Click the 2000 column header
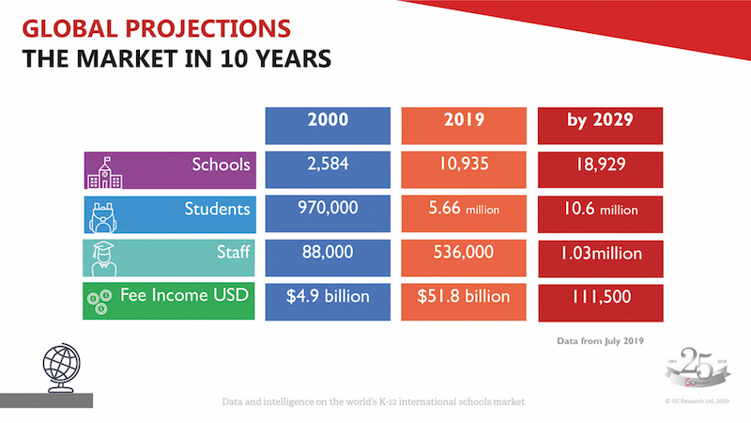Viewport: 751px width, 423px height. coord(328,123)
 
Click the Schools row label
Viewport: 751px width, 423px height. coord(169,166)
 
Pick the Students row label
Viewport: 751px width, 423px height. coord(169,210)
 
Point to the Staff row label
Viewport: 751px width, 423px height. coord(169,252)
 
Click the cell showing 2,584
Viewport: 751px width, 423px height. coord(328,166)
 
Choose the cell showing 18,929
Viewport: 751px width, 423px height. coord(601,167)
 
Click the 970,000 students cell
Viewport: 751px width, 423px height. coord(328,210)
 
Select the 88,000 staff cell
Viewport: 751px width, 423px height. coord(328,252)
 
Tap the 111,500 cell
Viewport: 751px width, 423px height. coord(601,297)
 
